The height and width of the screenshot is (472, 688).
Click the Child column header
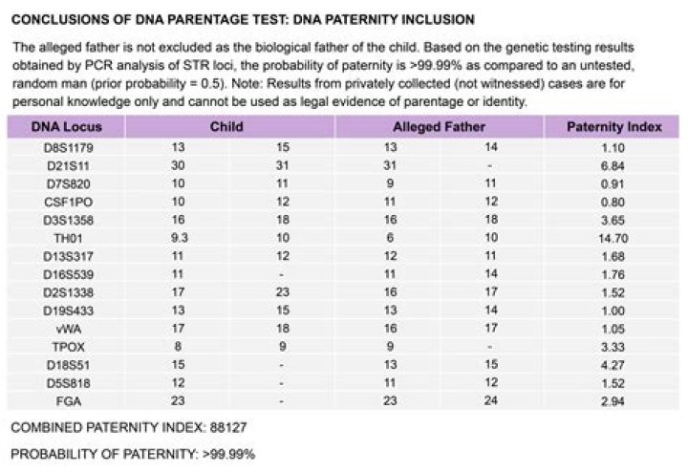[x=226, y=127]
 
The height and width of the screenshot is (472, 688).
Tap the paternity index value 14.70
[x=612, y=239]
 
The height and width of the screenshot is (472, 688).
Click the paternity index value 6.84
[x=613, y=166]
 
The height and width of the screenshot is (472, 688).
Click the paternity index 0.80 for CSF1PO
[x=613, y=203]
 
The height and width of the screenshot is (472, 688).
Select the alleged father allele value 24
[x=490, y=402]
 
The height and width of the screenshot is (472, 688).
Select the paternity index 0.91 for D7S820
[x=613, y=184]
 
